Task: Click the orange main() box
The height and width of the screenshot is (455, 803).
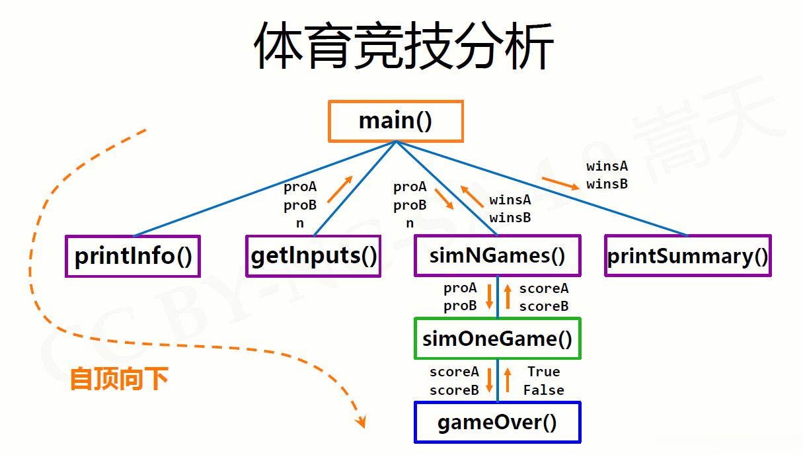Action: [x=395, y=121]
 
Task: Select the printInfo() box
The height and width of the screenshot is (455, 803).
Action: [x=133, y=256]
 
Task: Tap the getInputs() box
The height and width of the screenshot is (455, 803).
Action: [x=313, y=256]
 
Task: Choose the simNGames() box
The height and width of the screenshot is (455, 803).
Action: [x=497, y=256]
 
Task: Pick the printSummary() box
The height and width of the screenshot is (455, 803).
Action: [x=688, y=256]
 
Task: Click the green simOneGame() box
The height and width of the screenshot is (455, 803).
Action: [x=497, y=339]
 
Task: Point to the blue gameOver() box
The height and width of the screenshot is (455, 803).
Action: [x=497, y=422]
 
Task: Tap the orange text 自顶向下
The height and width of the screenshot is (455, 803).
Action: [x=119, y=379]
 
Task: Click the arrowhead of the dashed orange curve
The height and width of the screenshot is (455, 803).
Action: [x=360, y=421]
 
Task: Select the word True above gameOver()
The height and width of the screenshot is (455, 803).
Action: [x=543, y=372]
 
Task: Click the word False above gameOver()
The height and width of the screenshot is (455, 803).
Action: [x=543, y=390]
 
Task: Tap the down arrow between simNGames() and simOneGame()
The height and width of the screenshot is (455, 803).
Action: [x=489, y=297]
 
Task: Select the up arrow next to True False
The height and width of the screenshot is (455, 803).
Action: [x=508, y=380]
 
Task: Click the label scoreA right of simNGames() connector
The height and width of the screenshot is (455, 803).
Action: [x=543, y=288]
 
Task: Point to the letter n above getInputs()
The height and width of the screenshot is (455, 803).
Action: [x=300, y=224]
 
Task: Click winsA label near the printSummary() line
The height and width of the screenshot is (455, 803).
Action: [x=607, y=166]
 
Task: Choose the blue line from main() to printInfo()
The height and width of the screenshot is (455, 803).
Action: [x=264, y=188]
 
